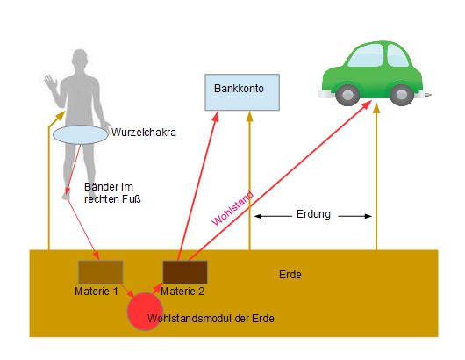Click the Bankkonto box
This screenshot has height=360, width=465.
242,92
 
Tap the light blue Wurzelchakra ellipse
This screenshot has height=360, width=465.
81,134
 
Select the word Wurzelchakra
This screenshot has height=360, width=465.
144,133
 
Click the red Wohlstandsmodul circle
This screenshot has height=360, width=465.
145,312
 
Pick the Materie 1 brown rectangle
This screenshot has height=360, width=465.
101,272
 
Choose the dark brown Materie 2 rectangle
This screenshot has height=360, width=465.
185,272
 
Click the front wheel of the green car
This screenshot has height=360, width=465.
402,95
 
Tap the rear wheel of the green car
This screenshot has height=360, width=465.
347,95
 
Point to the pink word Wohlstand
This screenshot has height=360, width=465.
232,208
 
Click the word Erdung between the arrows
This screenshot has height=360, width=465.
313,214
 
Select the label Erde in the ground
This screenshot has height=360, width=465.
290,275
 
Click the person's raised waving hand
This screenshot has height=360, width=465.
50,83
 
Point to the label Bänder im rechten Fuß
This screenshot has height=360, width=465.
112,193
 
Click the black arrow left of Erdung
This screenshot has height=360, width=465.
273,216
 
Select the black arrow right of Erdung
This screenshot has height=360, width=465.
355,216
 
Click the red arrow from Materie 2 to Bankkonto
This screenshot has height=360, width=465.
197,185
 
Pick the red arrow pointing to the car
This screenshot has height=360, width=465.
280,181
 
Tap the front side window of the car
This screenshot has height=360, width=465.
398,55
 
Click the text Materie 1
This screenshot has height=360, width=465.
97,292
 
